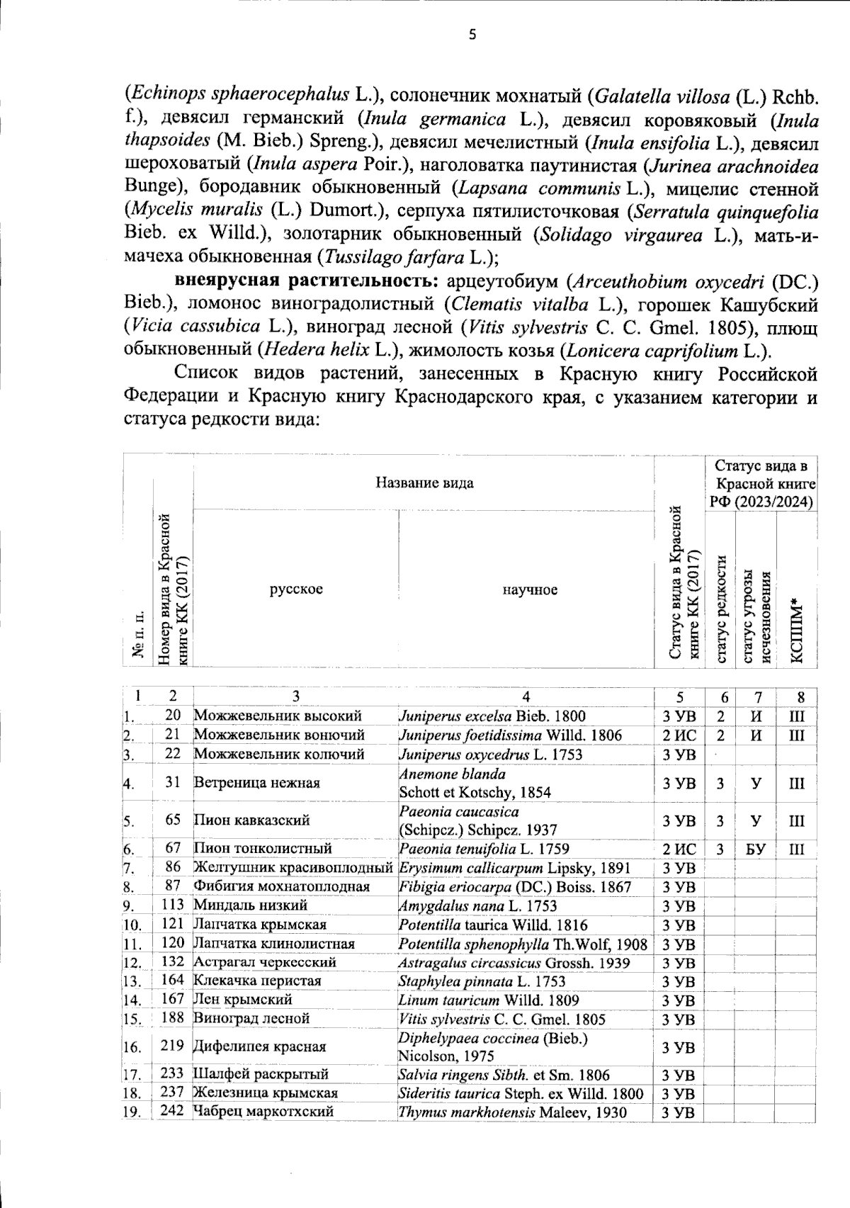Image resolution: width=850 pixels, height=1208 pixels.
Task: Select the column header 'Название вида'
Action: (424, 483)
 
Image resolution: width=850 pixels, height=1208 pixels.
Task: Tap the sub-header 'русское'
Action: (296, 589)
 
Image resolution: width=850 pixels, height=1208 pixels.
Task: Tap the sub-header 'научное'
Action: (530, 589)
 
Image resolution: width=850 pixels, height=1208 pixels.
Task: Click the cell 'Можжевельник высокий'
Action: (278, 716)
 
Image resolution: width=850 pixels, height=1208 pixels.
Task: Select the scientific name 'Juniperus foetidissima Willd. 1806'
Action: (510, 735)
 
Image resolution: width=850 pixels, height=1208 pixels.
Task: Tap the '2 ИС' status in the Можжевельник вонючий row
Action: (679, 735)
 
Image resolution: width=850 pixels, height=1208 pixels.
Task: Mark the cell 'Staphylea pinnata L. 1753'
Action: (482, 981)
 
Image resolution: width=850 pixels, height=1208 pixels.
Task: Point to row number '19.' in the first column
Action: (131, 1112)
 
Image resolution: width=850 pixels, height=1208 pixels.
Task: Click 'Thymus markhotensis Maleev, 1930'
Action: (512, 1112)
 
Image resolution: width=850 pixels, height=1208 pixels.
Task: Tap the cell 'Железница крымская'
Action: (266, 1093)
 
